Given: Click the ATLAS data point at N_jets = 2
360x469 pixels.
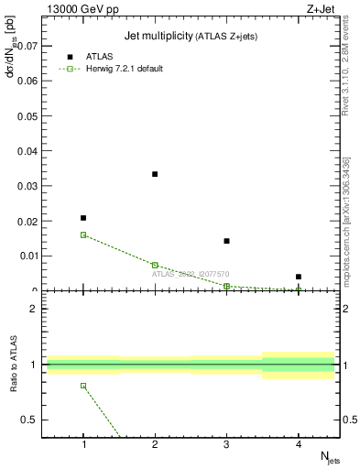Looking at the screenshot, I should point(155,174).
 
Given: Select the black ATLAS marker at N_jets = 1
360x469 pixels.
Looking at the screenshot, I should point(83,218).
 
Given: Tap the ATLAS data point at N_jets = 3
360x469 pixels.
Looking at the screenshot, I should point(226,241).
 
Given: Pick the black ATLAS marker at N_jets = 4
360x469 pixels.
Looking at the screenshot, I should point(299,277).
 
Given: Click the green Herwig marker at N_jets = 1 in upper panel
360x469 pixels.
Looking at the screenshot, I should point(83,234).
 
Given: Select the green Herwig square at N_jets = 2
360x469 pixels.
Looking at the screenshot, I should point(155,265).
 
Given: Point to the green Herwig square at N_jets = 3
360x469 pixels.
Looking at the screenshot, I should point(226,286).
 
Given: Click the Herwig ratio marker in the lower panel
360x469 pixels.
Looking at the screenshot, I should point(83,386).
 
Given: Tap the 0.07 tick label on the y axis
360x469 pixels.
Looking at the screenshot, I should point(27,45).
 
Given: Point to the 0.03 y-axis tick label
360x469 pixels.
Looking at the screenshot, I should point(27,186).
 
